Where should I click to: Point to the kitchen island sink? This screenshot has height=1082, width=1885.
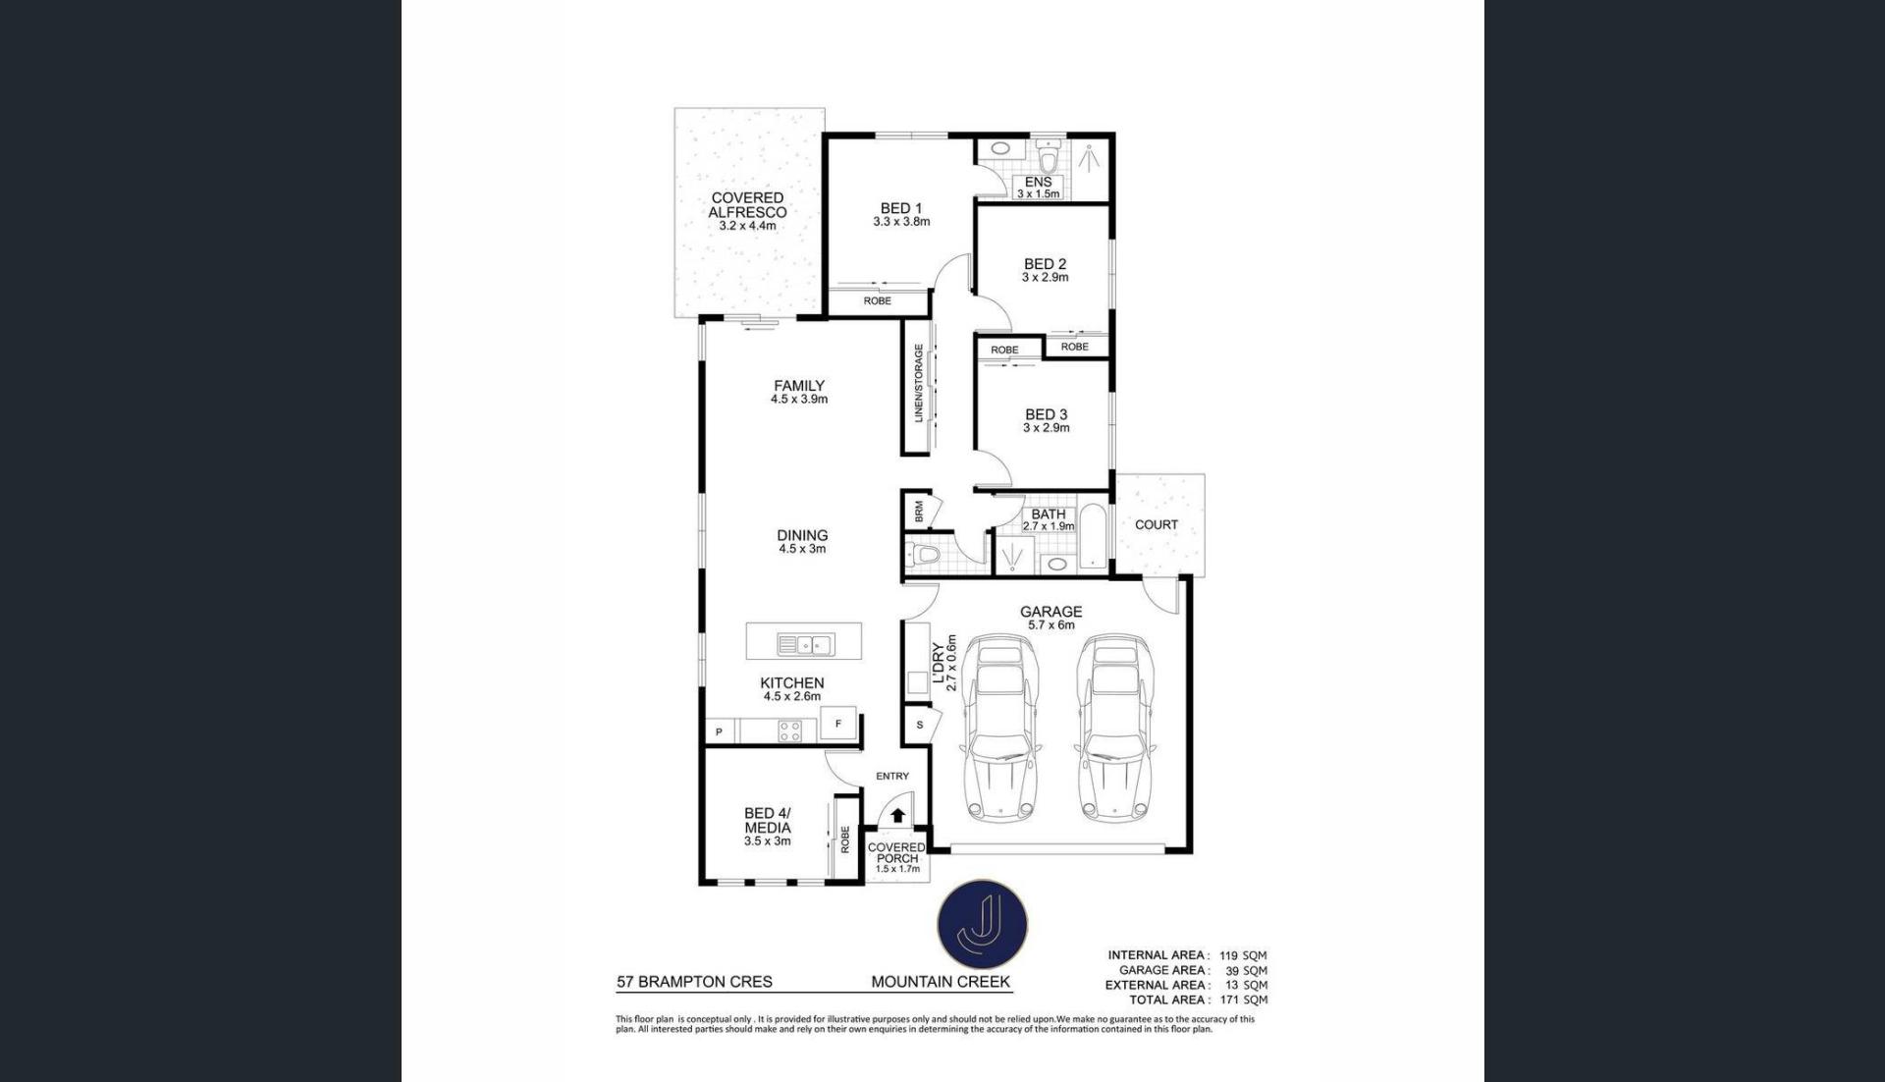click(x=805, y=644)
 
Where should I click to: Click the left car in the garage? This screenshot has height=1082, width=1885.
click(x=999, y=729)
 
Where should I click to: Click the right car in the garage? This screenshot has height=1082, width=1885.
click(x=1114, y=729)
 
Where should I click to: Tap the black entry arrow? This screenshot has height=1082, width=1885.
click(x=897, y=815)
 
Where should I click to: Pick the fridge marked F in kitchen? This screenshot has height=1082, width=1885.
click(x=838, y=724)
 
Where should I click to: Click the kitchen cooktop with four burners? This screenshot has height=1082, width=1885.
click(x=789, y=730)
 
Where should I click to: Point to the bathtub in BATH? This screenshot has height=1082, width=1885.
click(x=1092, y=536)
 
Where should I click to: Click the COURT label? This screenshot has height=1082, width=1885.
click(x=1157, y=524)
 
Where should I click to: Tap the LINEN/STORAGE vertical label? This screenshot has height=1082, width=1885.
click(x=919, y=383)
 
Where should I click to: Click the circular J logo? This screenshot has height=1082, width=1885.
click(x=983, y=925)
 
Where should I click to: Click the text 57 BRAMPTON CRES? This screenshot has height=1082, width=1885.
click(x=694, y=982)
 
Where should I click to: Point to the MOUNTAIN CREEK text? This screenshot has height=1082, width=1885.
click(x=941, y=982)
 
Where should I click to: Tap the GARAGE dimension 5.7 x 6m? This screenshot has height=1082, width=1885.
click(x=1051, y=624)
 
